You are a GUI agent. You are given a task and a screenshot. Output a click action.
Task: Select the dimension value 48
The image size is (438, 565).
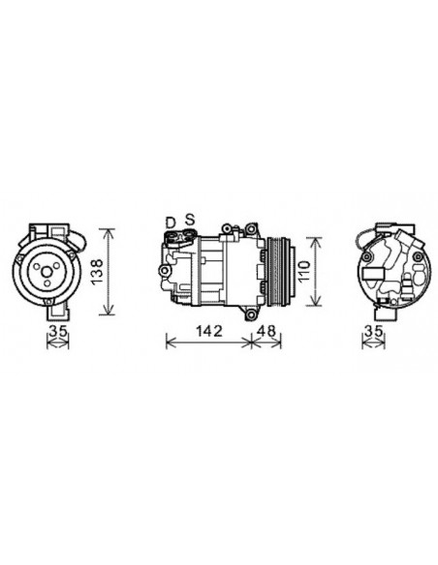[267, 330]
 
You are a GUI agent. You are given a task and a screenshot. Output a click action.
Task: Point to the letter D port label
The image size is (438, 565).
[171, 222]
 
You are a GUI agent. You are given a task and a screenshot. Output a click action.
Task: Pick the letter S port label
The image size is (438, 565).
[190, 221]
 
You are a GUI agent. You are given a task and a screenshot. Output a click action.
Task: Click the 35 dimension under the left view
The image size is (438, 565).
[59, 332]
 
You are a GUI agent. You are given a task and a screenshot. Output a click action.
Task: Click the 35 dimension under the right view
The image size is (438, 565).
[373, 332]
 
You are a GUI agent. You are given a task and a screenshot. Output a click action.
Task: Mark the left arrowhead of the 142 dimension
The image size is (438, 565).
[169, 341]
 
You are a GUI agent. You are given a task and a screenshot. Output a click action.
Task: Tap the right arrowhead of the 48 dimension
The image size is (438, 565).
[286, 341]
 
